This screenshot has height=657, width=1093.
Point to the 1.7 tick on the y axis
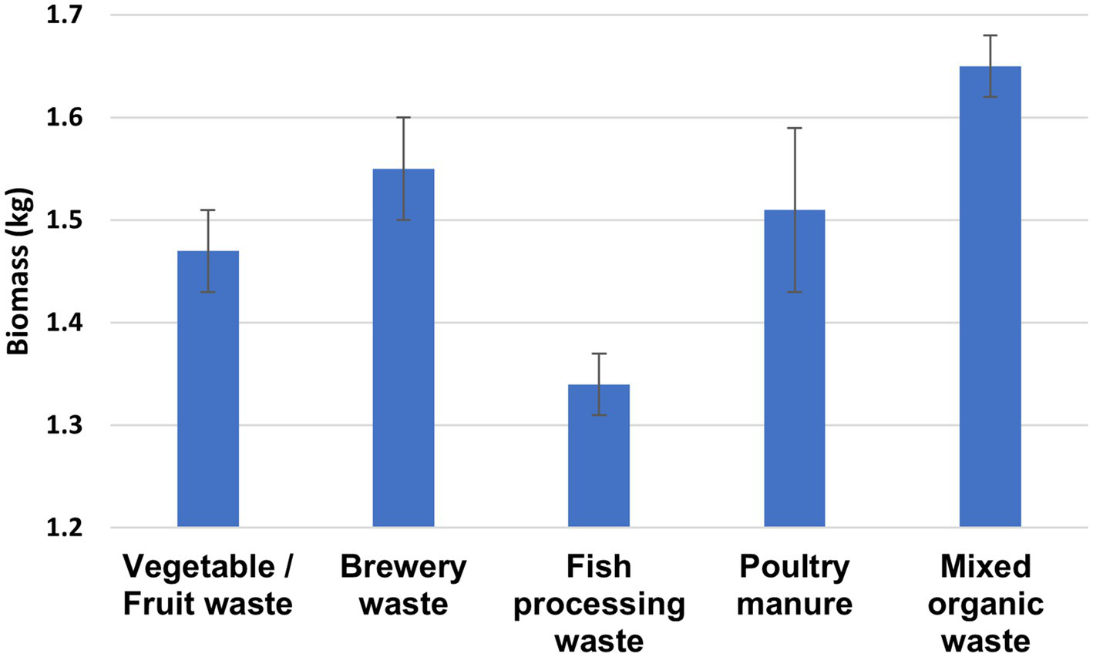click(66, 15)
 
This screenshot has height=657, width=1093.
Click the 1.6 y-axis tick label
click(66, 118)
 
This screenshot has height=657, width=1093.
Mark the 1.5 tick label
click(66, 220)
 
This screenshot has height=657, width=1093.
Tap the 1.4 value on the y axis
click(66, 323)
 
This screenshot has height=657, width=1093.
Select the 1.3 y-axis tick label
click(66, 425)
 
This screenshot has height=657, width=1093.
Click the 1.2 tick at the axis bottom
click(66, 528)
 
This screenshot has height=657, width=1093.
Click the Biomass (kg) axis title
click(18, 271)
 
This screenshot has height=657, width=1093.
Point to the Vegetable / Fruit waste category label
click(208, 585)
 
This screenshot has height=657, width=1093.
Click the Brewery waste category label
click(403, 585)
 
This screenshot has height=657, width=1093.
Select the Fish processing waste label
click(599, 604)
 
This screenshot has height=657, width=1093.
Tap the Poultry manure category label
click(794, 585)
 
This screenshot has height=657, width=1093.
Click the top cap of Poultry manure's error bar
click(794, 128)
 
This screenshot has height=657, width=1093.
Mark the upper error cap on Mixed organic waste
click(990, 35)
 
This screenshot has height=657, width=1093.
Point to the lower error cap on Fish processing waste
click(599, 415)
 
